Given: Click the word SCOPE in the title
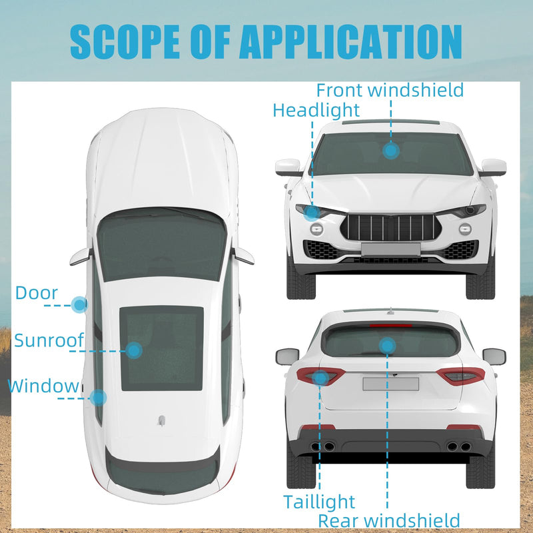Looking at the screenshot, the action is click(x=125, y=42).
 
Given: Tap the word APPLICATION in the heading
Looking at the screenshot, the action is click(x=350, y=42).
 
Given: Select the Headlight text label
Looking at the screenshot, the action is click(x=316, y=110).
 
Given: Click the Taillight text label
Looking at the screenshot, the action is click(x=319, y=502).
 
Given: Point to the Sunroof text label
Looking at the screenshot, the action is click(x=49, y=340).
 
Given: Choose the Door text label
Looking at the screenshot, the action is click(x=37, y=292).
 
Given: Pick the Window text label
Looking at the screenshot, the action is click(x=43, y=386).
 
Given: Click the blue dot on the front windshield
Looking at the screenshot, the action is click(x=391, y=151).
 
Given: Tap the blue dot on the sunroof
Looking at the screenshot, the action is click(x=134, y=350).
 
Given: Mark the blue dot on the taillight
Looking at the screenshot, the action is click(x=320, y=378).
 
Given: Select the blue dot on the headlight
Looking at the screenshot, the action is click(x=312, y=213).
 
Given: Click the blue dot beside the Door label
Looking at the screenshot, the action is click(x=79, y=305).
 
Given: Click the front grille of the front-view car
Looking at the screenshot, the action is click(x=391, y=227).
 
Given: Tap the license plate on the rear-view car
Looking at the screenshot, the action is click(x=390, y=384).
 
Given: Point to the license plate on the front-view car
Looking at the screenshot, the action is click(x=390, y=249).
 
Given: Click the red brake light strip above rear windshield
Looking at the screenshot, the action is click(x=390, y=326).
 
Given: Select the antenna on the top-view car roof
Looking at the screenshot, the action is click(x=161, y=421).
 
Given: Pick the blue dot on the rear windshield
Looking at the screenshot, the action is click(x=387, y=346).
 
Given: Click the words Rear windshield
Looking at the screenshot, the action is click(x=389, y=520).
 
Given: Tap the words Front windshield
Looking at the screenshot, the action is click(x=390, y=90).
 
